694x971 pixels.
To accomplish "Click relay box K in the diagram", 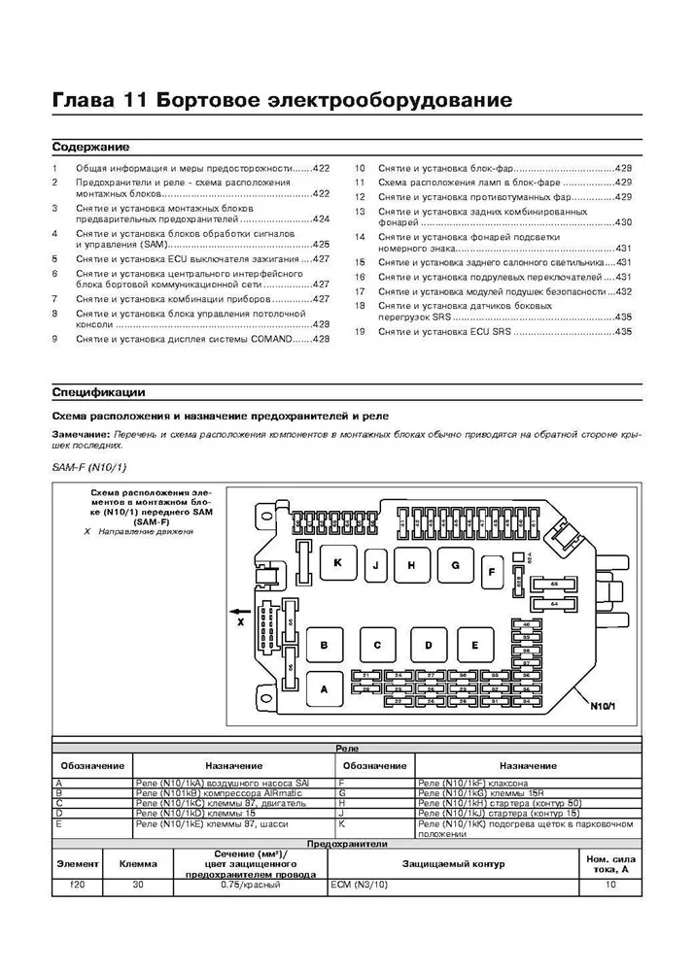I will click(x=337, y=563).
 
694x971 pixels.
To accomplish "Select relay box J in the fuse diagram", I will click(x=376, y=566).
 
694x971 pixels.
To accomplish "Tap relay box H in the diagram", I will click(x=412, y=566).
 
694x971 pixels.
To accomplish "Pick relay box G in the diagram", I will click(x=454, y=564).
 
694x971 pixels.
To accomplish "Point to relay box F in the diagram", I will click(x=492, y=572).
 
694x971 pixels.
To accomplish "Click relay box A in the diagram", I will click(x=325, y=688).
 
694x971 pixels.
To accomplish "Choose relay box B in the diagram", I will click(x=325, y=646).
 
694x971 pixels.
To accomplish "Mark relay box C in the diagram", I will click(x=376, y=646).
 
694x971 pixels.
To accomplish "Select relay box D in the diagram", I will click(x=427, y=645).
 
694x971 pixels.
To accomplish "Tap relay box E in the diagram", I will click(x=475, y=645).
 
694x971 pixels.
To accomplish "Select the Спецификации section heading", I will click(x=98, y=392).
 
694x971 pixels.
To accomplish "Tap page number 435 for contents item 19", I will click(x=623, y=332).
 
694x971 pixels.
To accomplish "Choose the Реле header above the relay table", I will click(x=346, y=750).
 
